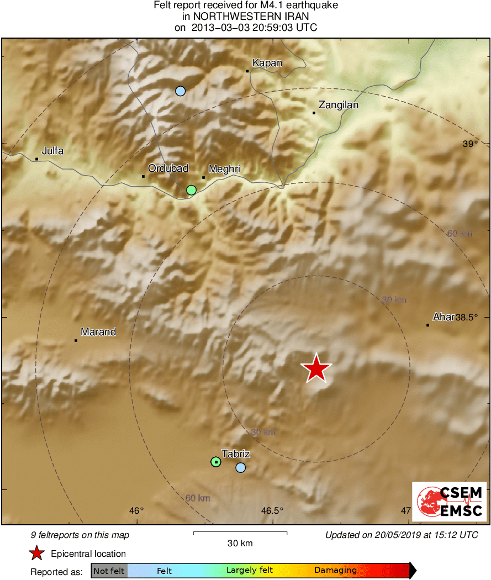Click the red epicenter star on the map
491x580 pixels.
(316, 368)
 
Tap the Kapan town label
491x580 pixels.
(267, 63)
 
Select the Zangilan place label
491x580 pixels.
(339, 105)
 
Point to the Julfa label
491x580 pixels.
(53, 151)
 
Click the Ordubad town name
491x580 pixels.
(168, 168)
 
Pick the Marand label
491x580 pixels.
(98, 332)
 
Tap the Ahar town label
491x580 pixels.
(443, 317)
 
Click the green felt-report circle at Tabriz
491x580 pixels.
(216, 461)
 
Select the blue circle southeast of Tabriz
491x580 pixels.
(240, 467)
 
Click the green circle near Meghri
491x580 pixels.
(191, 190)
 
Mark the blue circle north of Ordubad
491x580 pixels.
(180, 91)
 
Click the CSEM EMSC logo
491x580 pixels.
(449, 502)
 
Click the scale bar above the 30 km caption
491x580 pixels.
(240, 533)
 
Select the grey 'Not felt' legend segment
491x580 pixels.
(109, 571)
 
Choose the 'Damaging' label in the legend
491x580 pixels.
(335, 571)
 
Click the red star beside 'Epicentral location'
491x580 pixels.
(36, 553)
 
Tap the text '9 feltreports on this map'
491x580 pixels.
(80, 535)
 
